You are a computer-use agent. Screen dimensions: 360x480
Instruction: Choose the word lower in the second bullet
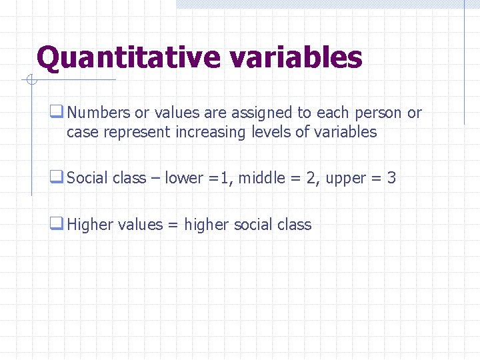(184, 178)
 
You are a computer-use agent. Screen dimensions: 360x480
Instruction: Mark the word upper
(346, 179)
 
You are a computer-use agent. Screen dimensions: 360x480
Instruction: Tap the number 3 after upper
(391, 178)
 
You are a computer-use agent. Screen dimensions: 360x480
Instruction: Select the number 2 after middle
(311, 178)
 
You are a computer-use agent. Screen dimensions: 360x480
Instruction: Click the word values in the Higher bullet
(140, 225)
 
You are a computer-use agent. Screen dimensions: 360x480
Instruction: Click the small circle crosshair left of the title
(31, 81)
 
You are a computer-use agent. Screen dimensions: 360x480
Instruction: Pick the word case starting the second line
(82, 132)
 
